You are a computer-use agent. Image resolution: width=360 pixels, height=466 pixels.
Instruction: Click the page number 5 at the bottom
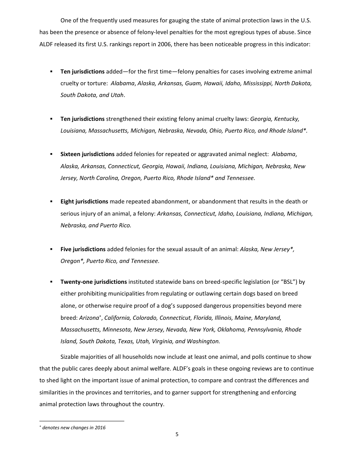click(x=177, y=435)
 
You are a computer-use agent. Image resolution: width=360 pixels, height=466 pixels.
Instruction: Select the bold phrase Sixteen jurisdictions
click(x=87, y=154)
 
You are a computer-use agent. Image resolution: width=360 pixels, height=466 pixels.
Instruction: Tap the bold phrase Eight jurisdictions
click(x=84, y=202)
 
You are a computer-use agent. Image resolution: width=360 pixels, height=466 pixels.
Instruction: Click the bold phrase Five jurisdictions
click(x=83, y=249)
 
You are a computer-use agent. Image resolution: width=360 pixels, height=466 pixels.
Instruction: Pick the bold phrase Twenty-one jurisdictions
click(x=94, y=282)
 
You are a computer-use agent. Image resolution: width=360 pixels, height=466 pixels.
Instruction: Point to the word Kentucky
click(x=286, y=119)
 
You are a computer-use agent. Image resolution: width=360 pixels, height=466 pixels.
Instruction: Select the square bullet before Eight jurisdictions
click(x=51, y=202)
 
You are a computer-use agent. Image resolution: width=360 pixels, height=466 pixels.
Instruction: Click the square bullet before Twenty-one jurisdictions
click(x=51, y=282)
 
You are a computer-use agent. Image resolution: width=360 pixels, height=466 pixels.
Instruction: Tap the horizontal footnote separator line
click(x=81, y=421)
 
